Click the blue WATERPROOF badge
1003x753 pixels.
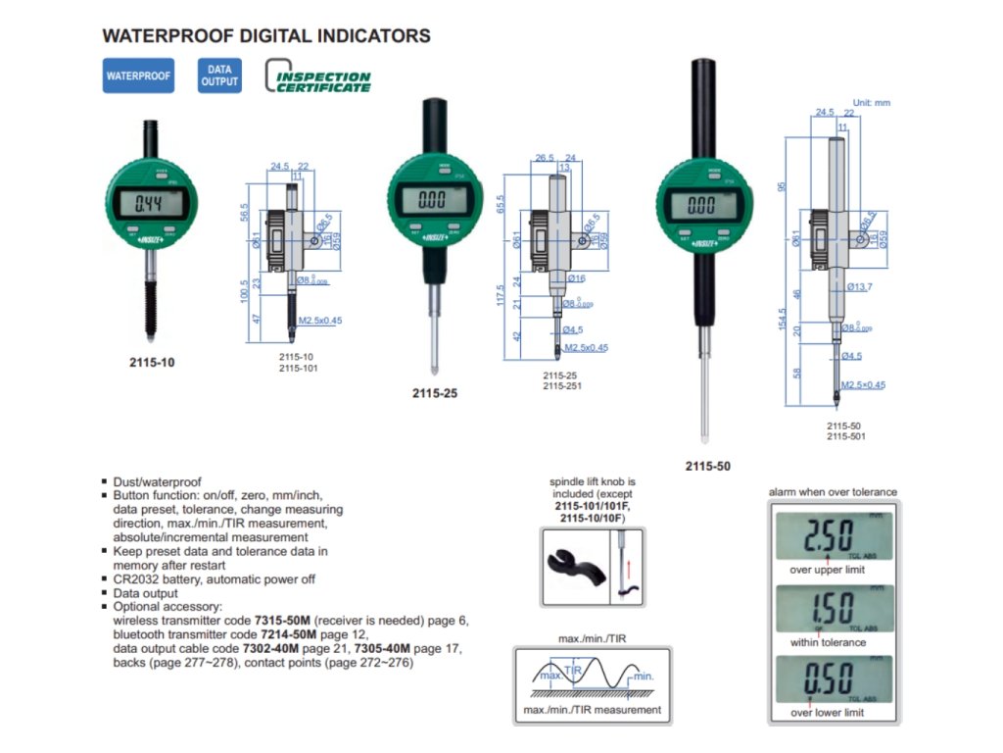(x=138, y=75)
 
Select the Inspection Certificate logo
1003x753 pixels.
(x=319, y=77)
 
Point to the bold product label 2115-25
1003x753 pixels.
(x=436, y=394)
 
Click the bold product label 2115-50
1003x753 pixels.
(x=708, y=467)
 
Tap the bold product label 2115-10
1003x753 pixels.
(x=152, y=362)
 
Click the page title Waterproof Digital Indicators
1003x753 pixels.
(x=266, y=36)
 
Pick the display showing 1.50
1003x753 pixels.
(x=833, y=610)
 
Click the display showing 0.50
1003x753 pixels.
(x=833, y=679)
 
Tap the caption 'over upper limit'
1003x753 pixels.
(x=828, y=570)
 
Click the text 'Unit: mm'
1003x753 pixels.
(x=872, y=103)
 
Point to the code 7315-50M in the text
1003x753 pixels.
(x=281, y=621)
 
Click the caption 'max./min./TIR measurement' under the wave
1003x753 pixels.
(x=592, y=710)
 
